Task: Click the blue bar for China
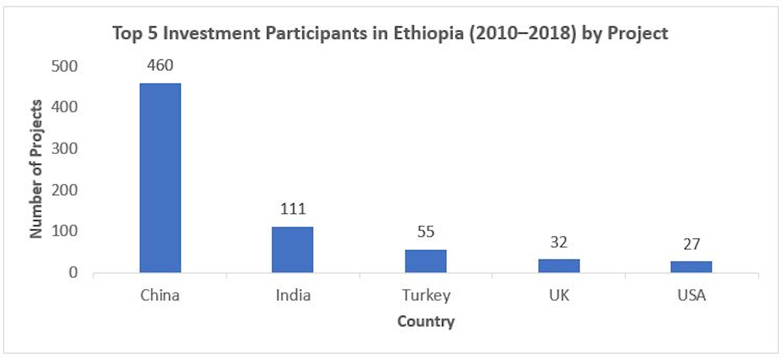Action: pyautogui.click(x=160, y=178)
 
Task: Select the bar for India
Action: pyautogui.click(x=293, y=250)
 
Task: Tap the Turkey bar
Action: pyautogui.click(x=426, y=261)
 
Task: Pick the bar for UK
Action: pyautogui.click(x=559, y=266)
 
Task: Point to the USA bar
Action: pyautogui.click(x=691, y=267)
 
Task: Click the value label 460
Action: pyautogui.click(x=160, y=65)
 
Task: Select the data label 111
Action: pyautogui.click(x=293, y=209)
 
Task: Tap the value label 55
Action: pyautogui.click(x=426, y=232)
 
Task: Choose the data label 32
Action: pyautogui.click(x=559, y=242)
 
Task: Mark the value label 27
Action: pyautogui.click(x=691, y=244)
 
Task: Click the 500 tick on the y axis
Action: pyautogui.click(x=64, y=66)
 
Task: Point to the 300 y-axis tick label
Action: pyautogui.click(x=64, y=149)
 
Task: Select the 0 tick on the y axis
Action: pyautogui.click(x=73, y=272)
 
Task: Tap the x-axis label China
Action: pyautogui.click(x=160, y=295)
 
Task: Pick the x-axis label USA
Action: pyautogui.click(x=691, y=295)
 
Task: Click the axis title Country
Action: pyautogui.click(x=426, y=321)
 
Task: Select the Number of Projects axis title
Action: pyautogui.click(x=36, y=169)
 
